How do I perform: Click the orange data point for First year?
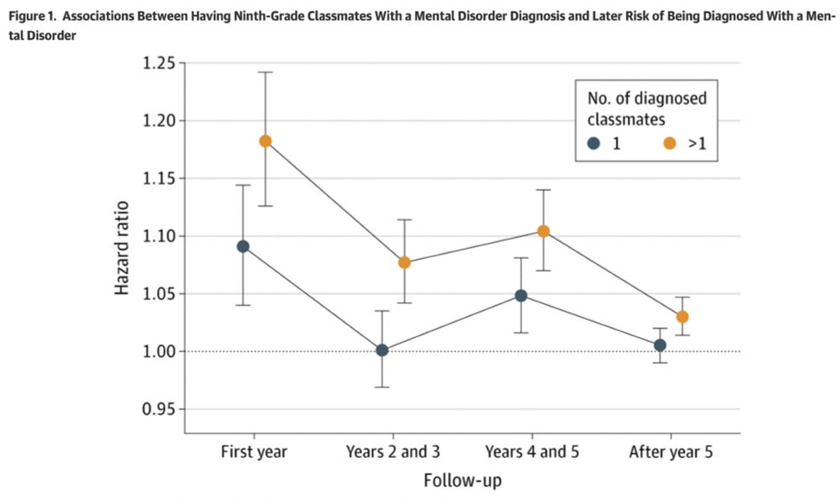(x=265, y=141)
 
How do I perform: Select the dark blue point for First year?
(x=243, y=246)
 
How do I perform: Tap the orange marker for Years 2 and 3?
(x=404, y=262)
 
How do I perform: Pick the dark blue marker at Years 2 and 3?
(x=382, y=350)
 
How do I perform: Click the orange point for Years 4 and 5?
(x=543, y=231)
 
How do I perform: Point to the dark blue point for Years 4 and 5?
(x=521, y=296)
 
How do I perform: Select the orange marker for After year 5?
(x=682, y=317)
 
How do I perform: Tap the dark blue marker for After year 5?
(x=660, y=345)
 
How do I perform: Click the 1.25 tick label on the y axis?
(x=160, y=64)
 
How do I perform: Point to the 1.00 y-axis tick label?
(x=160, y=351)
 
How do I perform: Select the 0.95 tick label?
(x=160, y=409)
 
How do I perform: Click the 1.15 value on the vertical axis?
(x=160, y=179)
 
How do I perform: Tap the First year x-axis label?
(x=254, y=451)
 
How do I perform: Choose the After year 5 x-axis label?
(x=671, y=451)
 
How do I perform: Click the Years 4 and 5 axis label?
(x=533, y=451)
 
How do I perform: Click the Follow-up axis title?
(x=463, y=482)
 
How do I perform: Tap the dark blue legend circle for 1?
(x=594, y=144)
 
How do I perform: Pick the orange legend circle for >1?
(x=670, y=144)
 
